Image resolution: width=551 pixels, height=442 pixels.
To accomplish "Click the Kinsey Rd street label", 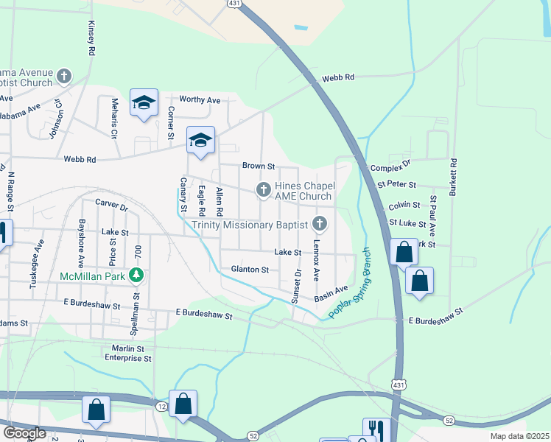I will point(91,39).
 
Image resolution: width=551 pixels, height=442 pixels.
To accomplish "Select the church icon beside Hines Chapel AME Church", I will point(263,190).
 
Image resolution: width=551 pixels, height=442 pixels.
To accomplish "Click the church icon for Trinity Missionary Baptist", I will point(320,222).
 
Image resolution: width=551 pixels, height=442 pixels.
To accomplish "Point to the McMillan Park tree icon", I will point(136,276).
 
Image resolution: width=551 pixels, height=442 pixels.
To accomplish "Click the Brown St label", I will point(259,166).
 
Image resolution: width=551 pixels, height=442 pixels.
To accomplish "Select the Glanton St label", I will point(250,270).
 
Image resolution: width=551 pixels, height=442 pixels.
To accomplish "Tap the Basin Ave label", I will point(331,294).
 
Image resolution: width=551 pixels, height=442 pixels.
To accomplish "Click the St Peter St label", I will point(393,184).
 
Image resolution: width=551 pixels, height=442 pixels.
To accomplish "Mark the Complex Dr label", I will point(390,168).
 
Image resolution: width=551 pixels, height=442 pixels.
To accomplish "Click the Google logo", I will point(24,433).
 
